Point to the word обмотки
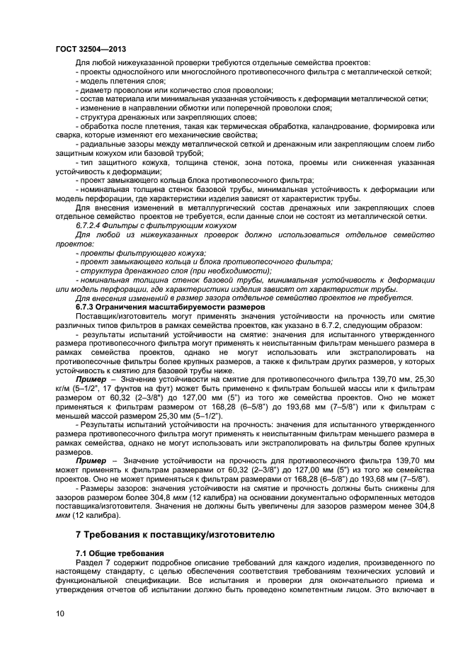click(222, 108)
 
